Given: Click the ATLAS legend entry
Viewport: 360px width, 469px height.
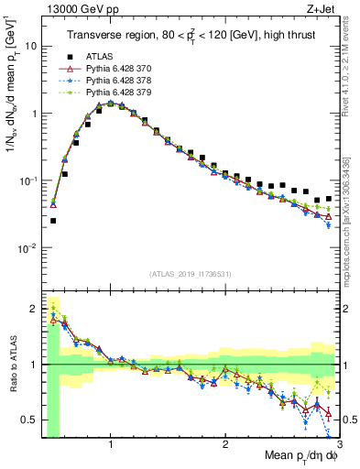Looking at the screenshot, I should tap(101, 56).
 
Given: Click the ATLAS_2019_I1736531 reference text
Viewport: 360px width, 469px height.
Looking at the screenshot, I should tap(191, 274).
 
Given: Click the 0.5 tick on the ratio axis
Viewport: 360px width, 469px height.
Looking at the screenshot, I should tap(28, 420).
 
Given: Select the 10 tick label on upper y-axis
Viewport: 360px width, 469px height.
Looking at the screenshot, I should tap(27, 45).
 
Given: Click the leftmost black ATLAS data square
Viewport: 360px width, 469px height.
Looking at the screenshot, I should tap(53, 221).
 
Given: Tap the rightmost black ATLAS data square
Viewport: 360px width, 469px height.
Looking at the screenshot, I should tap(329, 198).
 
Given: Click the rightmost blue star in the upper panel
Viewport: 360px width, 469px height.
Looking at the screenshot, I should tap(329, 224).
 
